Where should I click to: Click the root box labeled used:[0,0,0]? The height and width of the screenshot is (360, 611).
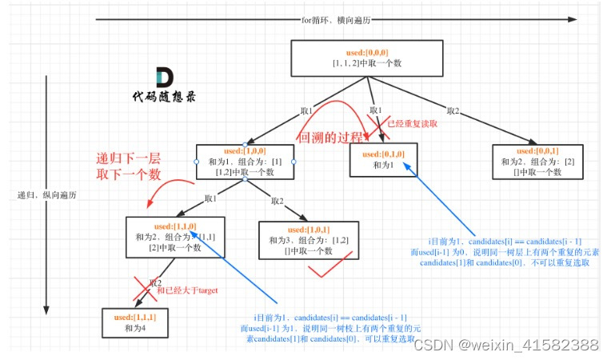click(x=367, y=58)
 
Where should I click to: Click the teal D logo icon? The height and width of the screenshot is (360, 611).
click(x=163, y=78)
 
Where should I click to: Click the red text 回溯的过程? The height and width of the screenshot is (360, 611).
click(x=329, y=137)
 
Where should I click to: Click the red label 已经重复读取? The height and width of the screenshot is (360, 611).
click(x=412, y=123)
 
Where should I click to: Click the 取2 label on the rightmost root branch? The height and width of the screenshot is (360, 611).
click(x=453, y=111)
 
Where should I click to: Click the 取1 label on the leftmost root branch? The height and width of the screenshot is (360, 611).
click(x=305, y=111)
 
